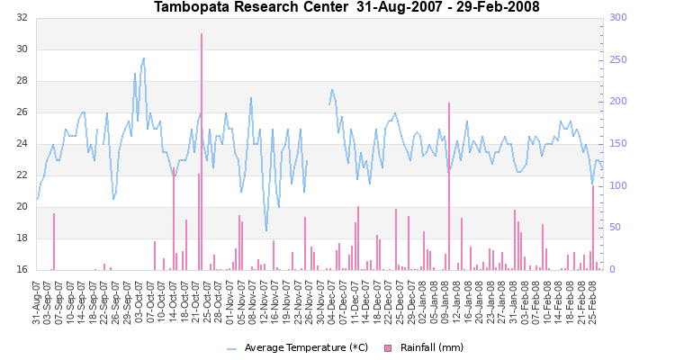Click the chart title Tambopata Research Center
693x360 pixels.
[x=346, y=7]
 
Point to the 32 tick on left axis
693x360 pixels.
[x=21, y=18]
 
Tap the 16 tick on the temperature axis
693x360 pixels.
[x=21, y=269]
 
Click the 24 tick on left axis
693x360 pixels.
[x=21, y=144]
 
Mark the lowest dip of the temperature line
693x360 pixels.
[x=266, y=230]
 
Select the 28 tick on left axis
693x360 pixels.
[x=21, y=81]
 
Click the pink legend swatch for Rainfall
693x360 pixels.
[x=389, y=347]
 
